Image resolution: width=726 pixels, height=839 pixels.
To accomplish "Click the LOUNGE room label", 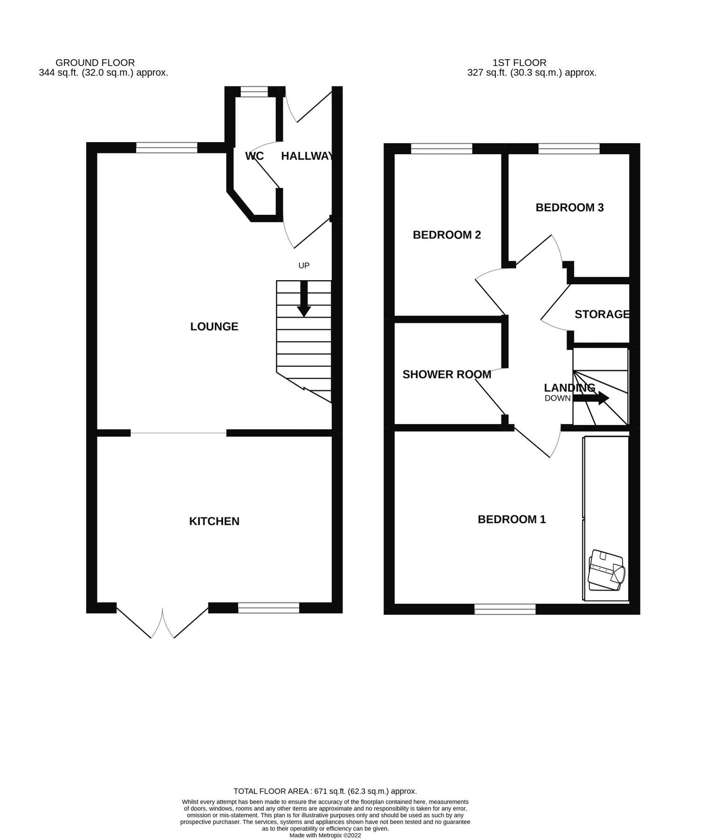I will click(214, 327).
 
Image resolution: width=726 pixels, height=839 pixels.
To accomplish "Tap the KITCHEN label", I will click(214, 521).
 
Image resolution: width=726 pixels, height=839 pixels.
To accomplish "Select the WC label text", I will click(254, 156).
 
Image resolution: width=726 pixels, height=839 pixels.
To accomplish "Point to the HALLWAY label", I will click(307, 156).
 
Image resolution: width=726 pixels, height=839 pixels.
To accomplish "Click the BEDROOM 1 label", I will click(512, 519).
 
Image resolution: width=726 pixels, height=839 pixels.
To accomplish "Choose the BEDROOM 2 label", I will click(446, 235).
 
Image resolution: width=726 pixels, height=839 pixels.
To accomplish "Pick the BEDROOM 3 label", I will click(569, 207).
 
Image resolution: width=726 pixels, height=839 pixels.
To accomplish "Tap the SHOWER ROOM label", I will click(446, 375).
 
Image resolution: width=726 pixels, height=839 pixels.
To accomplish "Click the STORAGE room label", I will click(602, 314).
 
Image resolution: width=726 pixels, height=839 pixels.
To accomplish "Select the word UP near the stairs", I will click(304, 266).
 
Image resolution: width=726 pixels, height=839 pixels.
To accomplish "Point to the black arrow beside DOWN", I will click(590, 398).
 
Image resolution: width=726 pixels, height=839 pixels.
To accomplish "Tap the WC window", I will click(254, 92).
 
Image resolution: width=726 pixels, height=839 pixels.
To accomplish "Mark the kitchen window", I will click(268, 607).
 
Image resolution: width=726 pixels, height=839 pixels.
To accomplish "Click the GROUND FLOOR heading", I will click(95, 62).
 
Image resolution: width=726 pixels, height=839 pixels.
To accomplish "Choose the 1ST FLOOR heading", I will click(519, 62).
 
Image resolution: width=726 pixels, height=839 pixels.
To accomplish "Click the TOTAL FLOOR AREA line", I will click(325, 791).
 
